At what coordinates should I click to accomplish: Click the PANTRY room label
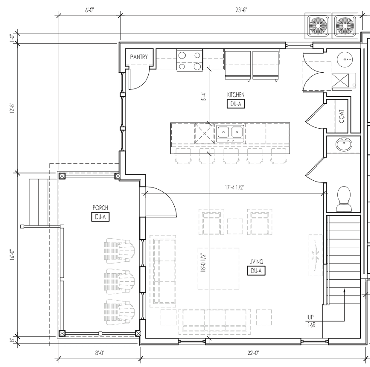coord(139,57)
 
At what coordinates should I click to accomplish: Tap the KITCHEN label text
coord(235,95)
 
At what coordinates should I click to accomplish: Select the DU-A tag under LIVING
coord(256,271)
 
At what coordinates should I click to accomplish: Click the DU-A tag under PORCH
coord(100,217)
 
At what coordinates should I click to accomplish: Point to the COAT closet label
coord(341,116)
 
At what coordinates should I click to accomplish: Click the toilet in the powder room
coord(343,199)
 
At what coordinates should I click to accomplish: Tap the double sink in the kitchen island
coord(230,133)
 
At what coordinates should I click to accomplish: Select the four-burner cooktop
coord(190,60)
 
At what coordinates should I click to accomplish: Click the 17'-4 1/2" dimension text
coord(234,187)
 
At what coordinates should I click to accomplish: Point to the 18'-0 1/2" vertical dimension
coord(203,263)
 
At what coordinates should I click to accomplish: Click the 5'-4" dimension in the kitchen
coord(204,96)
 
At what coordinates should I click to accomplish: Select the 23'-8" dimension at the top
coord(241,10)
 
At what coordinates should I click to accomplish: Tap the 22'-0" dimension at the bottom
coord(253,353)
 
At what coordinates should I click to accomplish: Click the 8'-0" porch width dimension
coord(100,353)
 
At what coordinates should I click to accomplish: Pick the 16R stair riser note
coord(311,325)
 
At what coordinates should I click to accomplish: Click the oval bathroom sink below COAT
coord(344,145)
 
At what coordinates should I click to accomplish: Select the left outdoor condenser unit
coord(318,25)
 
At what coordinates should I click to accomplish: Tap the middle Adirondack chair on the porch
coord(119,281)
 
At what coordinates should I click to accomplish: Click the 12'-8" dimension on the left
coord(12,108)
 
